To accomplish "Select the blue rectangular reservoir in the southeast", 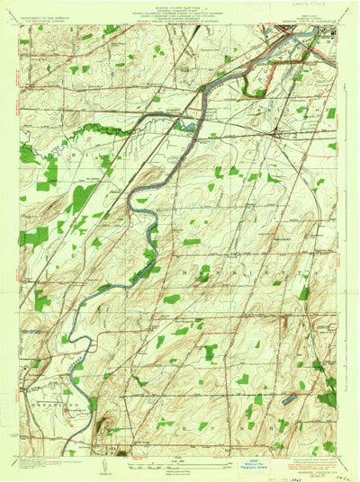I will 291,396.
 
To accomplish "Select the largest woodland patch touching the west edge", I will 34,237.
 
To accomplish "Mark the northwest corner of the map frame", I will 20,26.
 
